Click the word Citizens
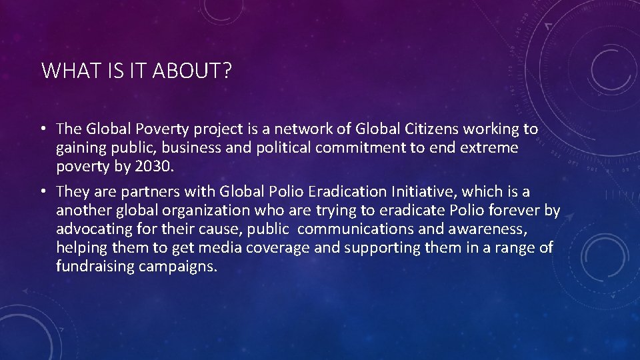click(x=427, y=128)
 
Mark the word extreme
click(x=487, y=147)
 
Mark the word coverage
click(x=278, y=248)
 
